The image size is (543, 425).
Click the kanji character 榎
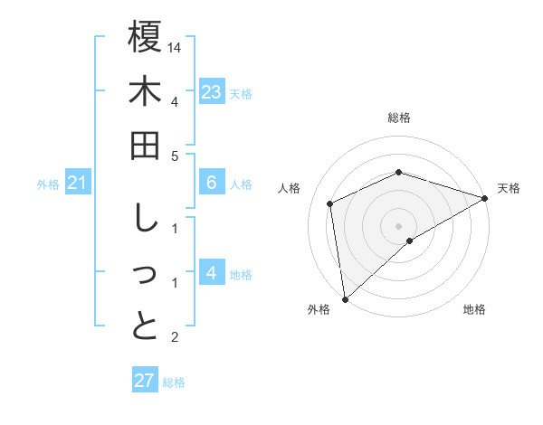(146, 37)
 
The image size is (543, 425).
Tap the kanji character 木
(146, 92)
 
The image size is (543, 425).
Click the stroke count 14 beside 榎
(176, 46)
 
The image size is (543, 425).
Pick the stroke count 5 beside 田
(175, 156)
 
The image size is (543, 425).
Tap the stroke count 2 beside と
(175, 337)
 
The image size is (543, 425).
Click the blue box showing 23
(212, 92)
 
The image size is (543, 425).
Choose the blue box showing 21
(78, 184)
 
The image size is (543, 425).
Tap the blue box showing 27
(145, 381)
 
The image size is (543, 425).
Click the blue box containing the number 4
(212, 274)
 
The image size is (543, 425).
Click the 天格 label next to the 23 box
(241, 93)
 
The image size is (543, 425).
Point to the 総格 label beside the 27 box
(174, 382)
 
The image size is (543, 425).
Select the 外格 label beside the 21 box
(48, 184)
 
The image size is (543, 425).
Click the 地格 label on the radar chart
(474, 309)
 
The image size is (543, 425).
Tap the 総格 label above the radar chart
(399, 118)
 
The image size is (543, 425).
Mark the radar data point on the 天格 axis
(484, 198)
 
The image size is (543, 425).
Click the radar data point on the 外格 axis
(345, 298)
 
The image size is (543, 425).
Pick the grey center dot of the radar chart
(399, 225)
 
